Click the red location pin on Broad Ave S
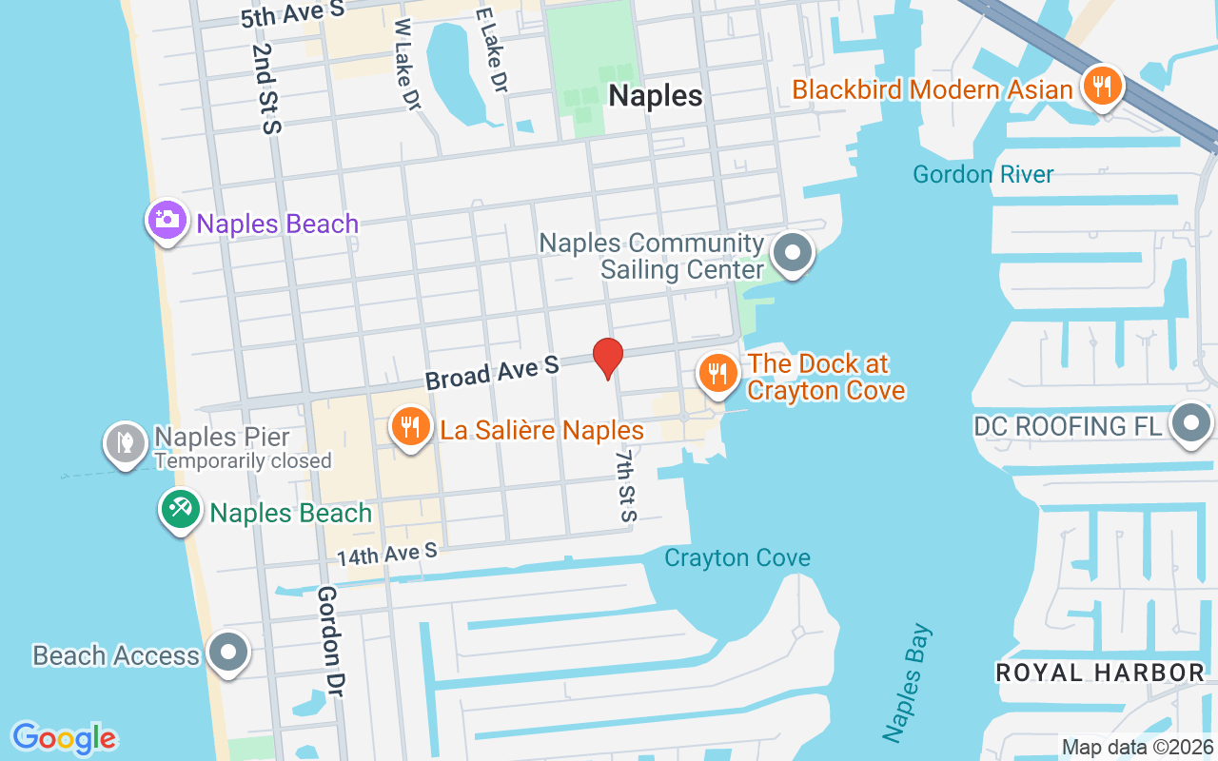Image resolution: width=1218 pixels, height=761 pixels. [x=608, y=359]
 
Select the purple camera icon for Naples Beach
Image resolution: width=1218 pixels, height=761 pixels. [x=167, y=221]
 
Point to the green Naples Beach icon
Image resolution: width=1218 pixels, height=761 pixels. [x=180, y=510]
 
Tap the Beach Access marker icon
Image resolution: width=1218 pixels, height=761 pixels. [x=228, y=653]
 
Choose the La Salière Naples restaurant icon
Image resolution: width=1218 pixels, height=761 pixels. [x=410, y=427]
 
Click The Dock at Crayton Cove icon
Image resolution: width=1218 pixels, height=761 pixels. [x=717, y=373]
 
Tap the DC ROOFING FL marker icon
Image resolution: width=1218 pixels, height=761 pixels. [x=1190, y=423]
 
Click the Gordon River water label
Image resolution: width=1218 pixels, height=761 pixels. [x=983, y=175]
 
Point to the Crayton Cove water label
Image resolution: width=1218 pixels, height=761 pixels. [x=737, y=558]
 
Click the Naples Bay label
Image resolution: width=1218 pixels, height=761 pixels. [x=908, y=683]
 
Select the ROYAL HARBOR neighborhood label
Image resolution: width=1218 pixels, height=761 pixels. [x=1100, y=673]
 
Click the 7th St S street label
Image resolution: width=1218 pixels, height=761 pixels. [x=625, y=486]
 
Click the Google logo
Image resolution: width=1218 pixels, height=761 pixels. [x=65, y=738]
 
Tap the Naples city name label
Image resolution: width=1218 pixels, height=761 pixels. [x=656, y=96]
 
